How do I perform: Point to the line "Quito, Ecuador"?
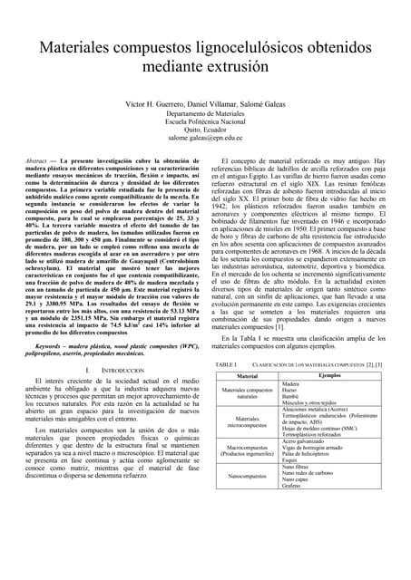click(205, 129)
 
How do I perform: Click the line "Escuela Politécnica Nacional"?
click(205, 121)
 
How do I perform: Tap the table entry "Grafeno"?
click(293, 487)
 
